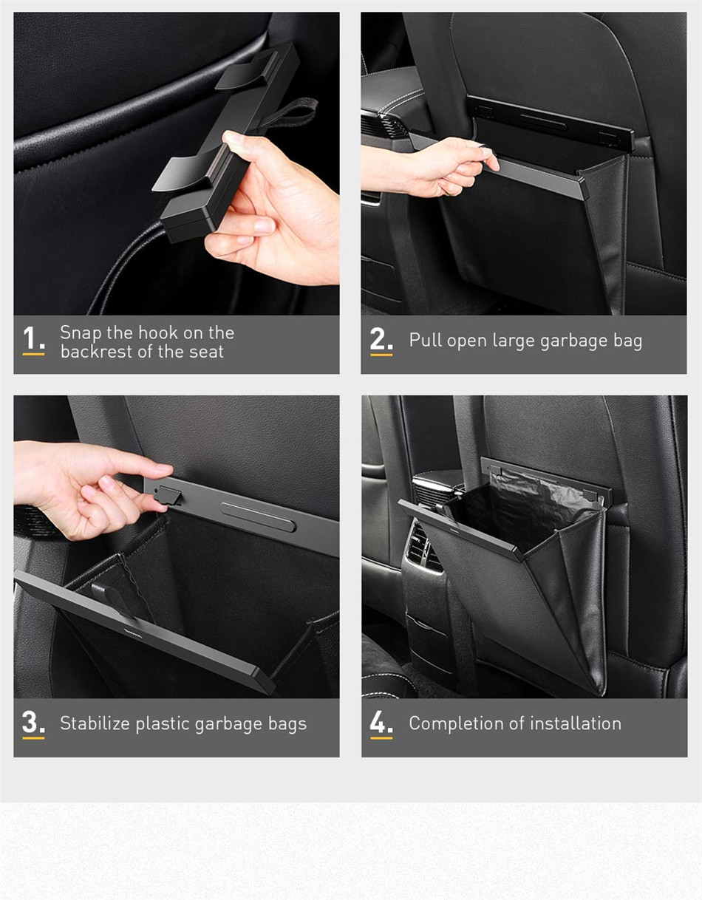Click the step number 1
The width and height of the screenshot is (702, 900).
pos(32,339)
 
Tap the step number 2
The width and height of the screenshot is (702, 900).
pos(381,339)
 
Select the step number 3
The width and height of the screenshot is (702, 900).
pos(33,723)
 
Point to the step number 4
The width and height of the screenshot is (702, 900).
pos(381,723)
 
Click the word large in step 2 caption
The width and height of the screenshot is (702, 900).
pos(510,341)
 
